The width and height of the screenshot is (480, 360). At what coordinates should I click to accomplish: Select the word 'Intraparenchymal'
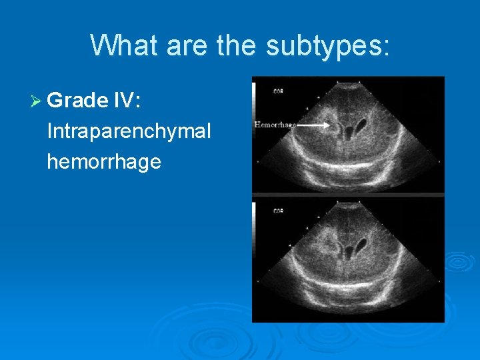click(129, 131)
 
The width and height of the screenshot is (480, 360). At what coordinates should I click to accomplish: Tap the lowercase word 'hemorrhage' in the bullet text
click(104, 161)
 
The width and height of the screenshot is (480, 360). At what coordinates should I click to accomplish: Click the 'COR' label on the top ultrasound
click(278, 91)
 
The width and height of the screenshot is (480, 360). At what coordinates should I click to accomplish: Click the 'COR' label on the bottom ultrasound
click(278, 211)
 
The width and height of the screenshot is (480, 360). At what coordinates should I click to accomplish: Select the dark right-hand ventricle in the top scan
click(363, 125)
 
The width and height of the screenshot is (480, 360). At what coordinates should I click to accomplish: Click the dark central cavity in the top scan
click(347, 131)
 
